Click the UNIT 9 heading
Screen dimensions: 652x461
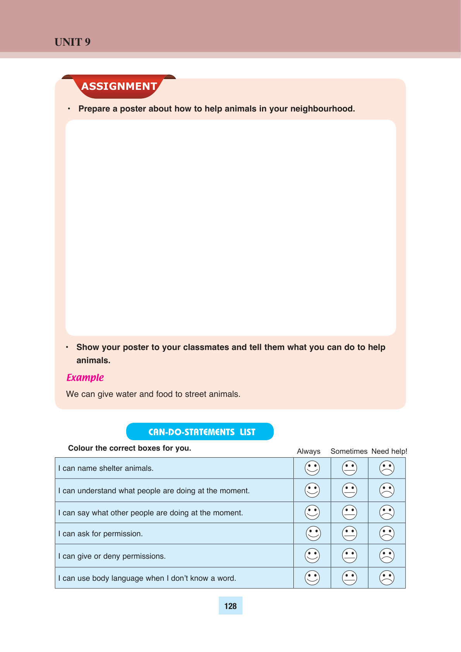coord(72,42)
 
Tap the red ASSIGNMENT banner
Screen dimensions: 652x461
coord(119,86)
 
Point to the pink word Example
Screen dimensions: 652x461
coord(85,377)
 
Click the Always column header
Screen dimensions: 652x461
coord(308,451)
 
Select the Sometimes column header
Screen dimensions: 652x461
coord(349,451)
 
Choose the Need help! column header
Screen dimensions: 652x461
coord(389,451)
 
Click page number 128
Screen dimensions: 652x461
coord(230,606)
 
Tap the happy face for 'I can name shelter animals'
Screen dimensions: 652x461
coord(312,468)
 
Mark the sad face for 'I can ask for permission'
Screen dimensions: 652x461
coord(387,534)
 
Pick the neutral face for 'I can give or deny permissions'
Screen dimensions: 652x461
coord(350,556)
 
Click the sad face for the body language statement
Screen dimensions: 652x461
coord(387,578)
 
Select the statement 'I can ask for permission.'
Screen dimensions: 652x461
coord(101,534)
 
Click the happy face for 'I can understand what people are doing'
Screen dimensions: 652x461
coord(312,490)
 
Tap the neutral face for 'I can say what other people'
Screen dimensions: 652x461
coord(350,512)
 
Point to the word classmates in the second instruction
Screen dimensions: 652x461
coord(206,347)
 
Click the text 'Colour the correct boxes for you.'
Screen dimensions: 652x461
coord(130,448)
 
